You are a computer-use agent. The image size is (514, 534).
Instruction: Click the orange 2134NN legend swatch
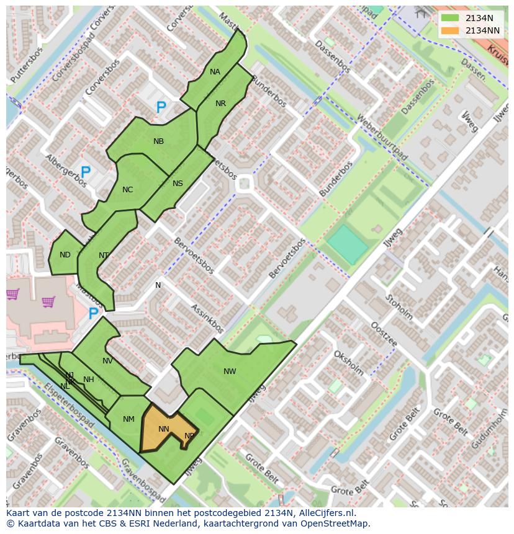tap(451, 30)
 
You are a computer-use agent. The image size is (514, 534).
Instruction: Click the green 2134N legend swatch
tap(451, 18)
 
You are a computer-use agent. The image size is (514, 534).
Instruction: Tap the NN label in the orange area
tap(164, 429)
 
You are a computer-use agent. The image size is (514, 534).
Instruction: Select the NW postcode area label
tap(230, 372)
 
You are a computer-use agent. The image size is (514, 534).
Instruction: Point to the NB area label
tap(158, 141)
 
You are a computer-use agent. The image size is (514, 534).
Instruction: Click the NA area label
tap(215, 72)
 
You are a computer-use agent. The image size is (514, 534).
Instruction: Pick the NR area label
tap(220, 104)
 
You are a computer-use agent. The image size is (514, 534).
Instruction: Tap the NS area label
tap(178, 184)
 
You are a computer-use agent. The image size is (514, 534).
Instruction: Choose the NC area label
tap(127, 190)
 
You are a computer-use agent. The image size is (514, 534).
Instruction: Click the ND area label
tap(65, 255)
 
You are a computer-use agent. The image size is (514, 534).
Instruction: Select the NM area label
tap(128, 419)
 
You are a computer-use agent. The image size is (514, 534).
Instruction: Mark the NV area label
tap(107, 361)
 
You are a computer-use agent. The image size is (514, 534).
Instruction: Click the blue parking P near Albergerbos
tap(86, 172)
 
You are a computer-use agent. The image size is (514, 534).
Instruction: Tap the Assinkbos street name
tap(207, 318)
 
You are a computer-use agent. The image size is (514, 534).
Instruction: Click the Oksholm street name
tap(348, 362)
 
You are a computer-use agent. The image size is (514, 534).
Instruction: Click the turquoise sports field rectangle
tap(347, 245)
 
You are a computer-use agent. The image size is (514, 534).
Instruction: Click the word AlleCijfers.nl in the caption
tap(325, 513)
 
